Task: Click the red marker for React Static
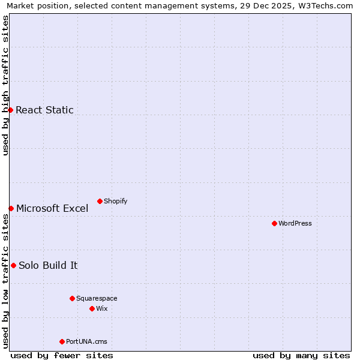(x=10, y=110)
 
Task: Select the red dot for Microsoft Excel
(x=11, y=208)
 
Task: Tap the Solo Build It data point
(x=13, y=265)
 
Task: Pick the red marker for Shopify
(x=100, y=201)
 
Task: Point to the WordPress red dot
(x=274, y=223)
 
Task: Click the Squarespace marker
(x=72, y=298)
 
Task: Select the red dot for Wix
(x=92, y=308)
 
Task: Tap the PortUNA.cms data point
(x=62, y=341)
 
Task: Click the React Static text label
(x=44, y=110)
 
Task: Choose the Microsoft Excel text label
(x=52, y=209)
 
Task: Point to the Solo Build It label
(x=48, y=266)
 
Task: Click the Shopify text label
(x=115, y=201)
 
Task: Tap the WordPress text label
(x=295, y=223)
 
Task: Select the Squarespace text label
(x=97, y=298)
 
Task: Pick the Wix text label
(x=101, y=308)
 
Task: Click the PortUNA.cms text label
(x=86, y=341)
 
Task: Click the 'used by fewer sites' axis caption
(x=62, y=355)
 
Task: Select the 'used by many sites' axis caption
(x=301, y=355)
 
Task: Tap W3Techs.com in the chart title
(x=326, y=6)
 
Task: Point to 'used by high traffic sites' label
(x=6, y=85)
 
